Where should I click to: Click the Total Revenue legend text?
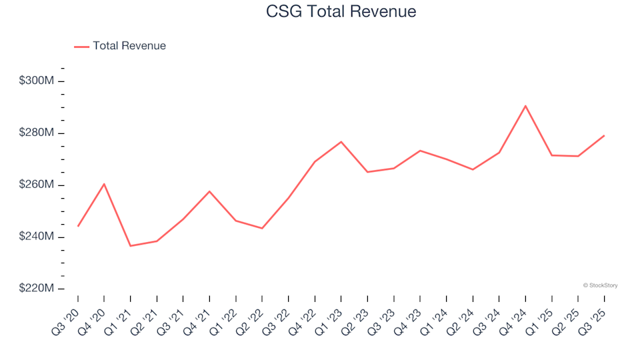(x=129, y=46)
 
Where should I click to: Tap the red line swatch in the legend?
(x=81, y=46)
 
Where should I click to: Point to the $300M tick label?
(x=37, y=81)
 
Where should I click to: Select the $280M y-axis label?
(x=37, y=133)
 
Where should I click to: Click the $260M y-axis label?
(x=37, y=185)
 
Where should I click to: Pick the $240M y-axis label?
(x=37, y=237)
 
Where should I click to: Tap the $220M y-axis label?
(x=37, y=289)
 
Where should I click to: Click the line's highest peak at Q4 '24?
(x=525, y=105)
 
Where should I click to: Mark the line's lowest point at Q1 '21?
(x=131, y=246)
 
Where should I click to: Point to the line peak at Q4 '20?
(x=104, y=183)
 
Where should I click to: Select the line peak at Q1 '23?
(x=341, y=141)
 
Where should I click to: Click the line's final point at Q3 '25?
(x=604, y=135)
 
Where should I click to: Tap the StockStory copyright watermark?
(x=600, y=285)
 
